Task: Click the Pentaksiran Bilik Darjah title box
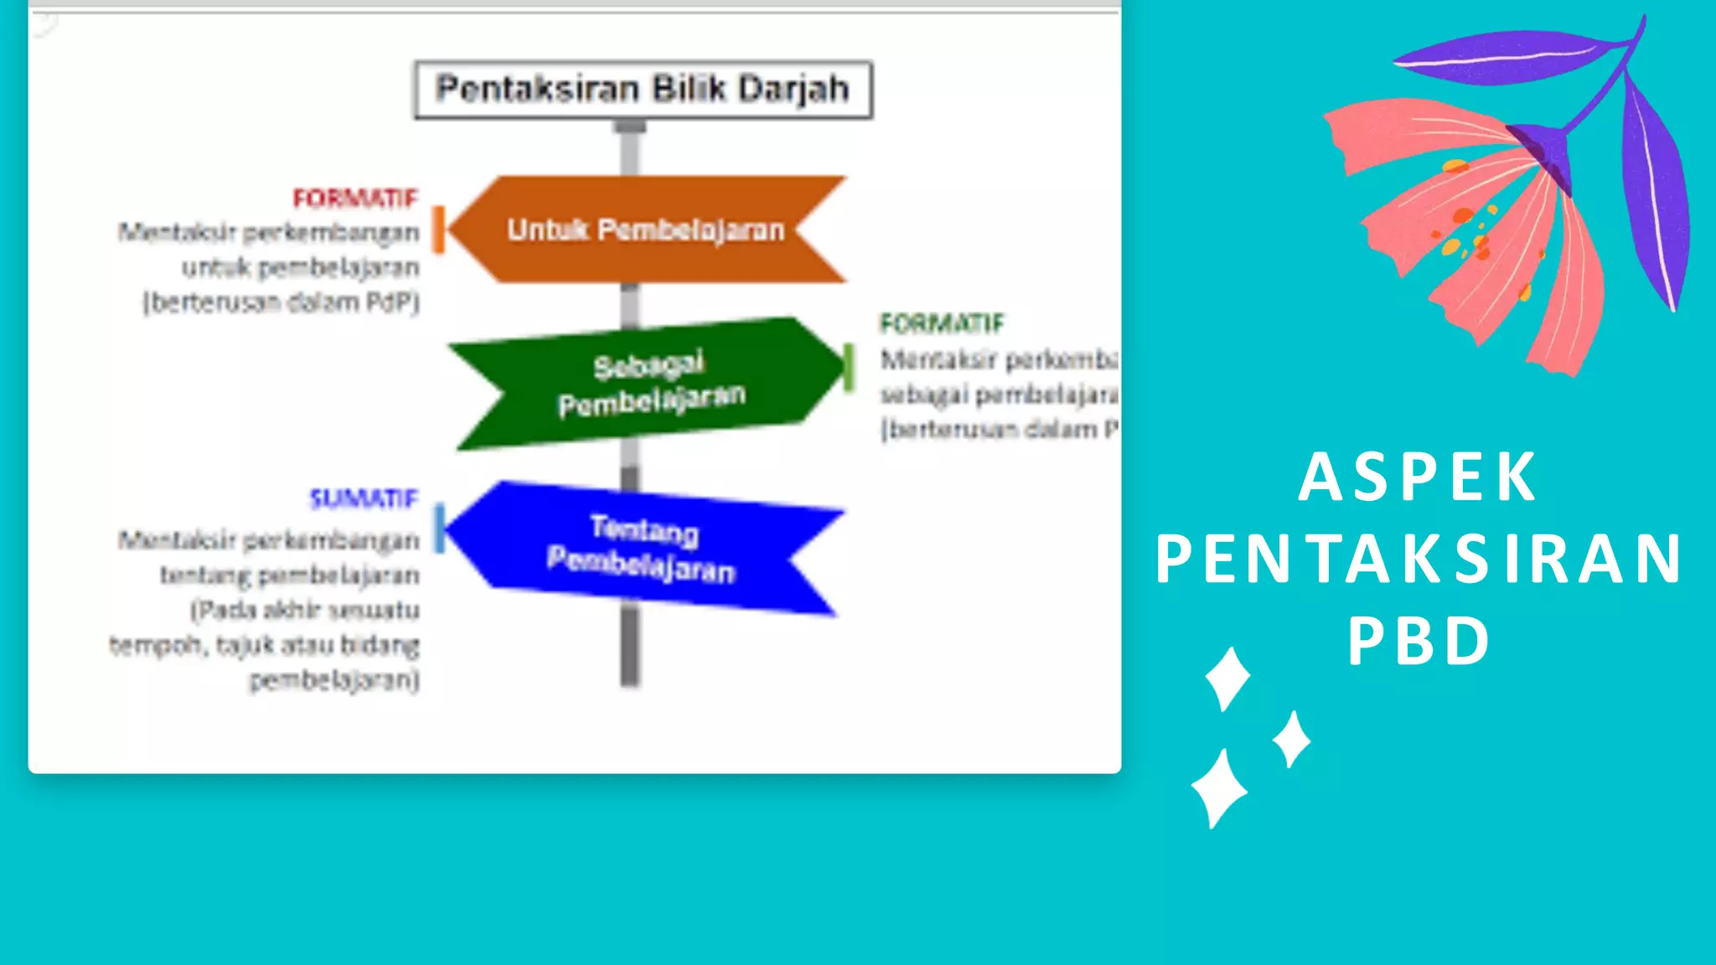click(643, 90)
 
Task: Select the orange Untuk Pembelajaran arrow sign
click(646, 229)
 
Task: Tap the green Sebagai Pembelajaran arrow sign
click(650, 384)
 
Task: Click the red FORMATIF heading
click(354, 199)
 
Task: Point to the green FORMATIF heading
click(941, 323)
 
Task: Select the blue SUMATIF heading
click(363, 499)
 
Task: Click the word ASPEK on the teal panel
click(1418, 477)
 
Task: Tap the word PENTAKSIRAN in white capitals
click(1418, 559)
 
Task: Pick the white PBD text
click(1418, 642)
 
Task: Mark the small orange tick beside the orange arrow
click(437, 229)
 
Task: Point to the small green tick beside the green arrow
click(848, 367)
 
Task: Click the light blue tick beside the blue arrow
click(439, 528)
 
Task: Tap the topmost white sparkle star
click(1228, 678)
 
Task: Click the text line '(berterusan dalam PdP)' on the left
click(281, 302)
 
